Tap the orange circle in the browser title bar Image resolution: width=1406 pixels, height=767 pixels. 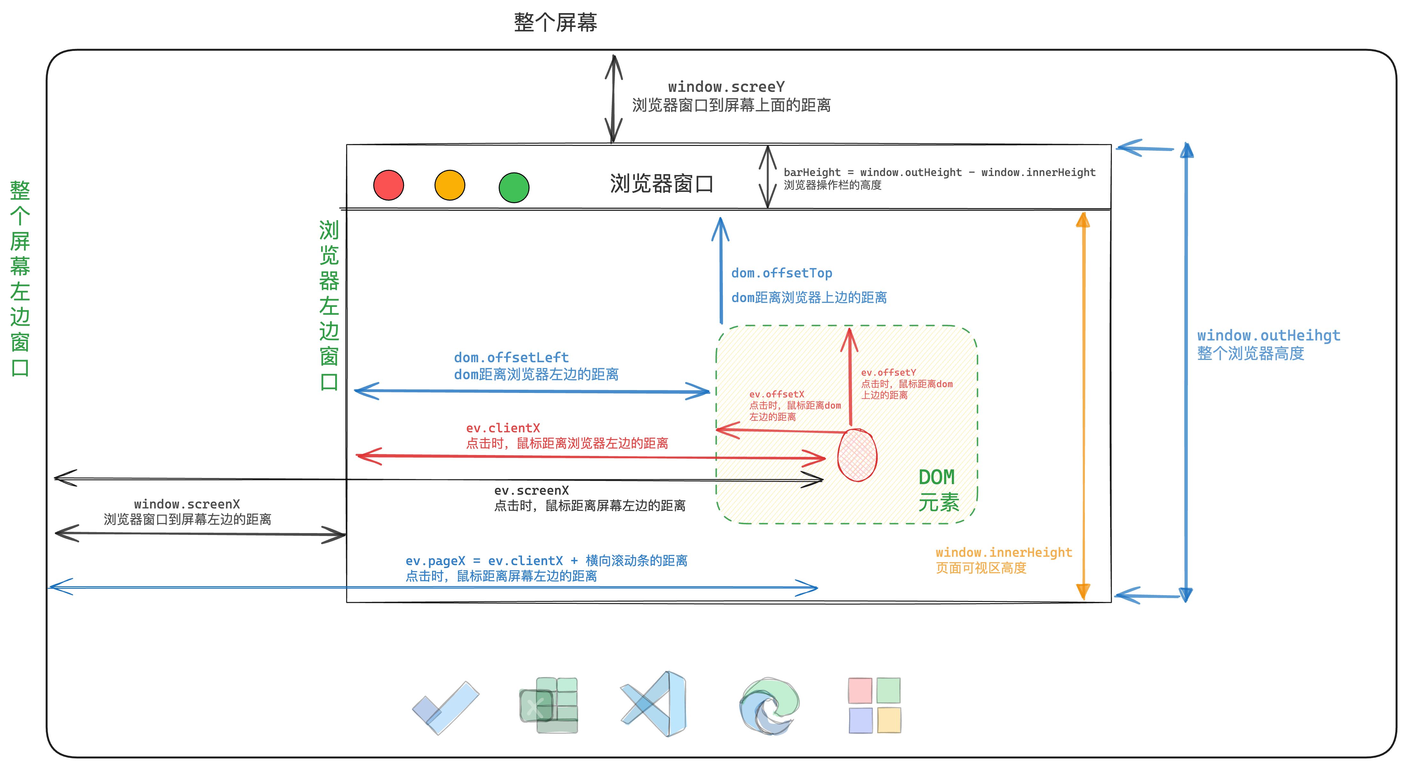tap(450, 185)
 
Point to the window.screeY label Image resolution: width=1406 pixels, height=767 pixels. tap(726, 87)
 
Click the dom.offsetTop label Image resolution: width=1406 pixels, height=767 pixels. tap(782, 273)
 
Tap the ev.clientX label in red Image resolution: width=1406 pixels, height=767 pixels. tap(503, 428)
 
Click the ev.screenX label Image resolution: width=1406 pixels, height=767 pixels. tap(531, 490)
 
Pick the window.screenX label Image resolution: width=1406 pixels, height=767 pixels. tap(187, 504)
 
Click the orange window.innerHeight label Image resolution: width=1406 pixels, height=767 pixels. tap(1003, 553)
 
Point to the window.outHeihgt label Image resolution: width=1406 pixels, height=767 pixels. tap(1268, 335)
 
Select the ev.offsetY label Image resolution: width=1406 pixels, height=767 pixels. tap(888, 373)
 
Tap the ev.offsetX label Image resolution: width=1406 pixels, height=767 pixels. tap(776, 394)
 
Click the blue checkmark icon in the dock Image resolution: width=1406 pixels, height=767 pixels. tap(446, 707)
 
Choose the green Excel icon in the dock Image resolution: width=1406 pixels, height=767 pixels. tap(549, 705)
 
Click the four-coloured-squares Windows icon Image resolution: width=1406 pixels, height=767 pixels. tap(874, 705)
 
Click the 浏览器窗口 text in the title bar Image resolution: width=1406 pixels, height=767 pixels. tap(661, 184)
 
